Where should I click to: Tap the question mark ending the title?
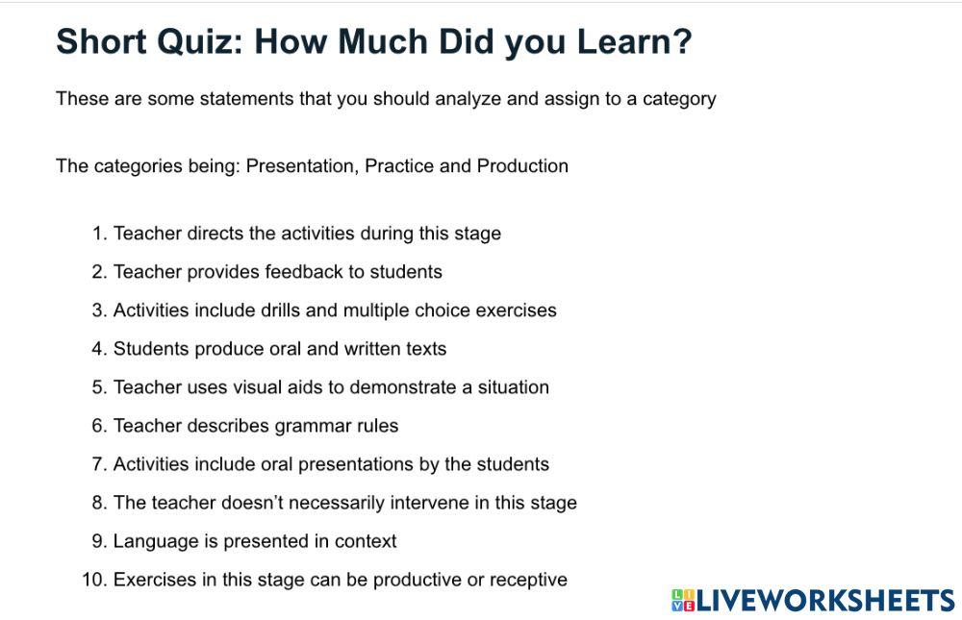tap(682, 41)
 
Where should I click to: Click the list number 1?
tap(97, 234)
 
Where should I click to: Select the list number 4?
tap(97, 349)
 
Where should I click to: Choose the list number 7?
tap(97, 464)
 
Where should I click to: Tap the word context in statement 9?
tap(366, 541)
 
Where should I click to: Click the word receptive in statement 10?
tap(528, 580)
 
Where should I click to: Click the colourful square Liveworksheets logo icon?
tap(683, 601)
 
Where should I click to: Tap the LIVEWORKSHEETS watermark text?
tap(824, 601)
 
